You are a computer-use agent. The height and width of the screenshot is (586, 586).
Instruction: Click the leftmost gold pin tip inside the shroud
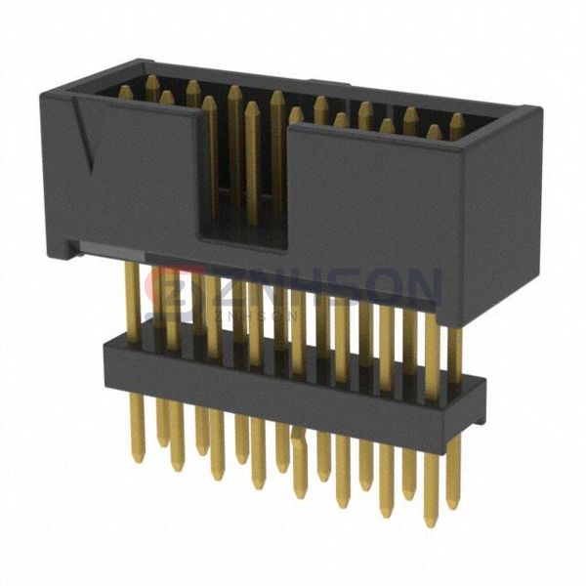[x=125, y=92]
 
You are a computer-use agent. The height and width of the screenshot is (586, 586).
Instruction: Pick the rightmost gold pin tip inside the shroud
[x=456, y=120]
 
